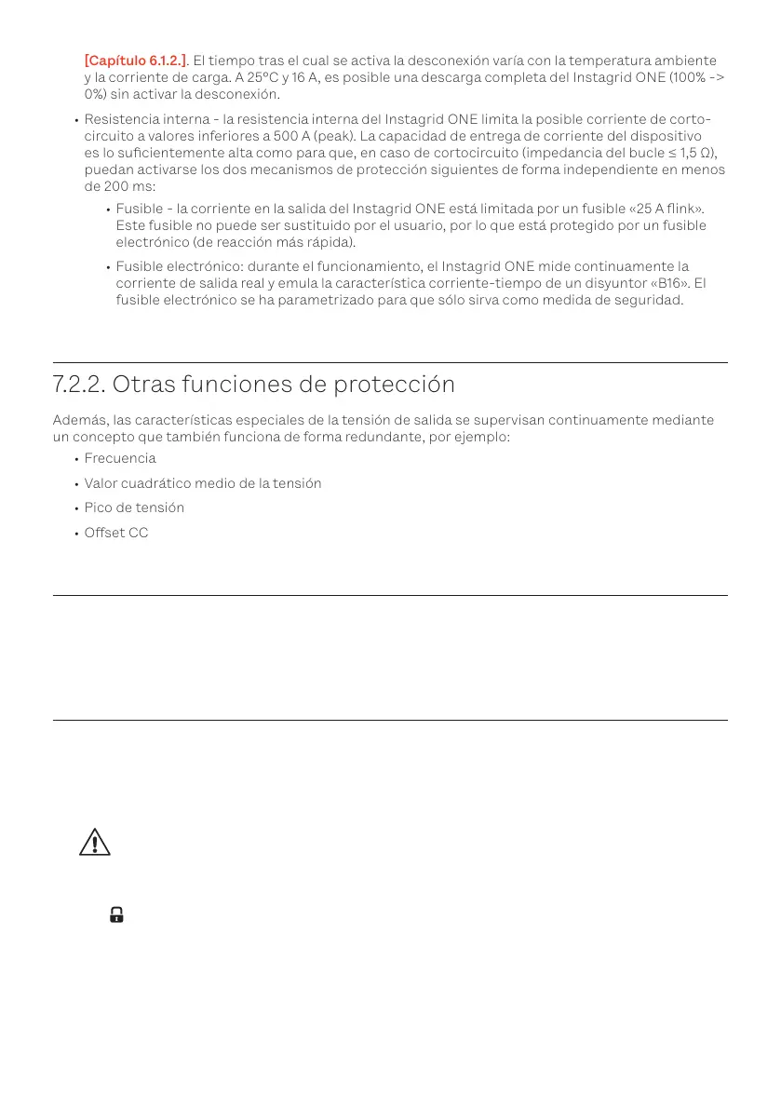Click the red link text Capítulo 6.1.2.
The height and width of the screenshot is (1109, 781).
pyautogui.click(x=128, y=61)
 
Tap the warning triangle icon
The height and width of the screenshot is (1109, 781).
pyautogui.click(x=94, y=842)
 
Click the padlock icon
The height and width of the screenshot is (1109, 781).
pyautogui.click(x=116, y=914)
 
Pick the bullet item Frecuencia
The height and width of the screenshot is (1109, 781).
pyautogui.click(x=120, y=458)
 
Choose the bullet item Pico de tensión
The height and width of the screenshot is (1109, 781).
pyautogui.click(x=134, y=507)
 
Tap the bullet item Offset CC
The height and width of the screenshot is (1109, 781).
pyautogui.click(x=116, y=533)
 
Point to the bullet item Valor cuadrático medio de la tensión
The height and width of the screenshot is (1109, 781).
pyautogui.click(x=202, y=483)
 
